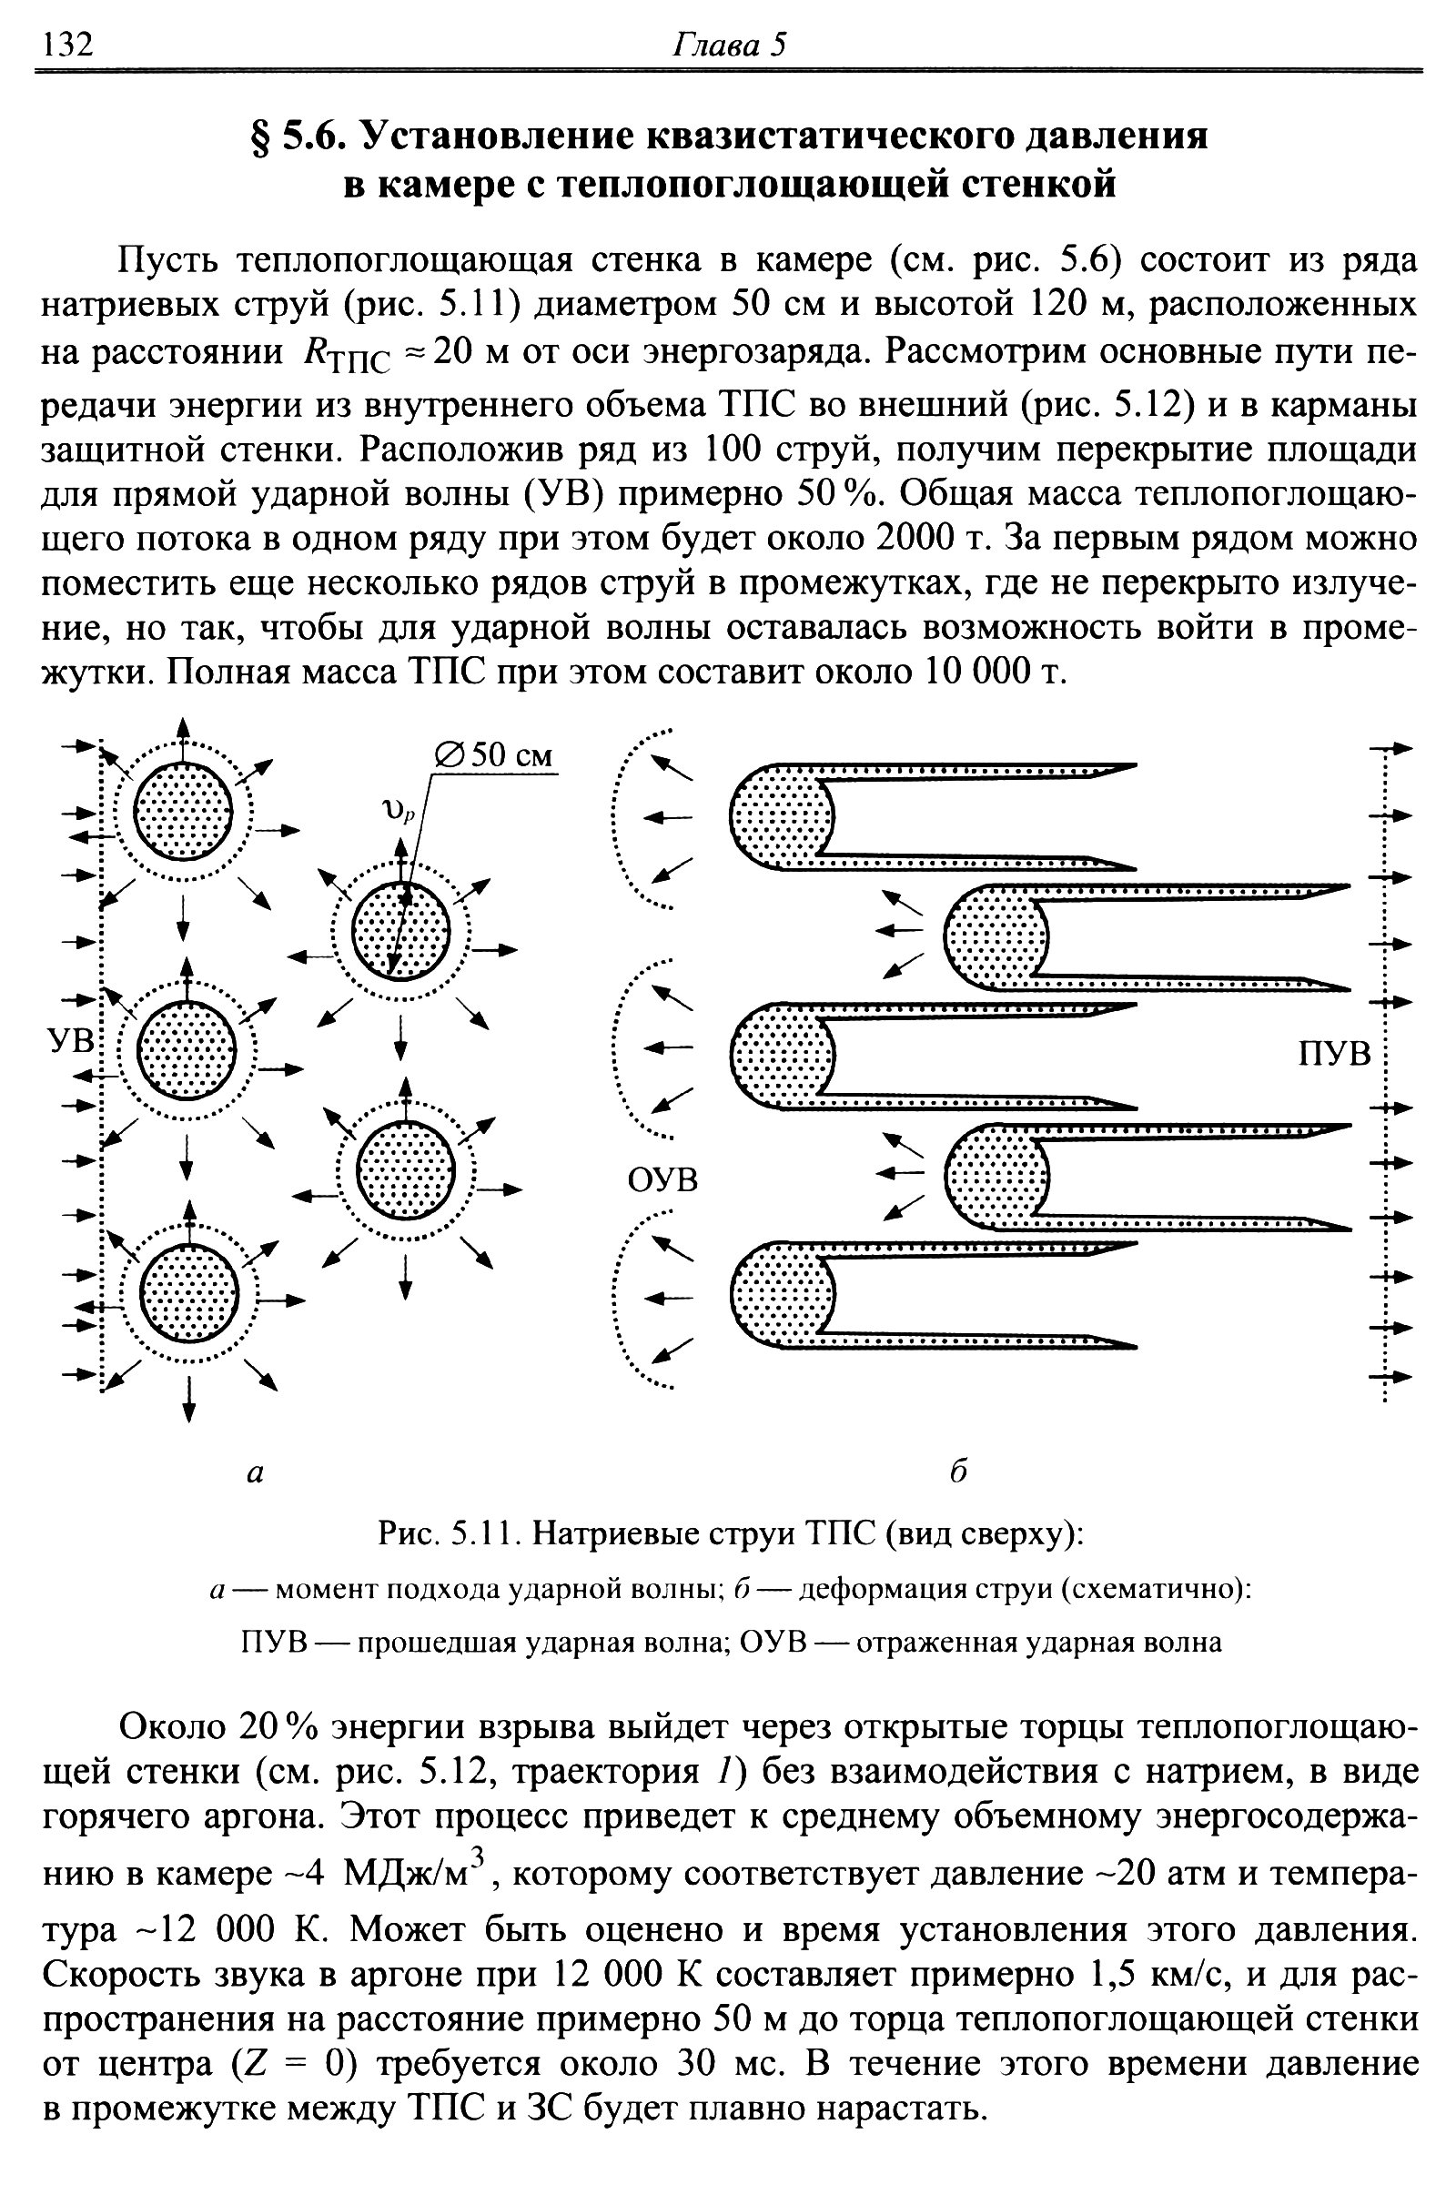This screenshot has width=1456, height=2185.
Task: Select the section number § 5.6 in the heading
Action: pyautogui.click(x=298, y=137)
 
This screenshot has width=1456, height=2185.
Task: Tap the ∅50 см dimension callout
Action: pyautogui.click(x=494, y=755)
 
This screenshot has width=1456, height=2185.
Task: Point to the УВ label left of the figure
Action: pyautogui.click(x=72, y=1039)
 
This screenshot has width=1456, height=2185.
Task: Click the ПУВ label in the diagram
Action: pyautogui.click(x=1333, y=1055)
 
